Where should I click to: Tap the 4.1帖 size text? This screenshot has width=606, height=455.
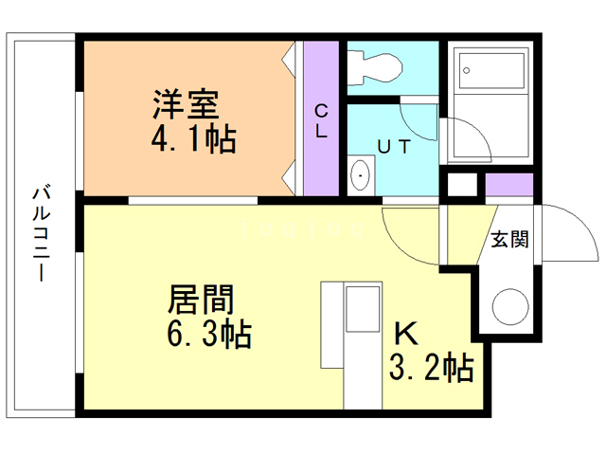[x=193, y=139]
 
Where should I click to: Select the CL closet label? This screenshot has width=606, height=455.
[x=321, y=121]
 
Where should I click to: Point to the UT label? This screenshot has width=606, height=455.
[x=395, y=147]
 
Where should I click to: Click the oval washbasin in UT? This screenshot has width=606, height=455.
[x=361, y=176]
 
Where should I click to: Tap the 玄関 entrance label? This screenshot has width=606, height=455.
[x=508, y=239]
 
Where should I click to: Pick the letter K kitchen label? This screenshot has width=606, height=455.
[x=406, y=334]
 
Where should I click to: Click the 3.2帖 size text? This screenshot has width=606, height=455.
[x=431, y=368]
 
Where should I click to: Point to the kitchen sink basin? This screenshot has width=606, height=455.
[x=361, y=308]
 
